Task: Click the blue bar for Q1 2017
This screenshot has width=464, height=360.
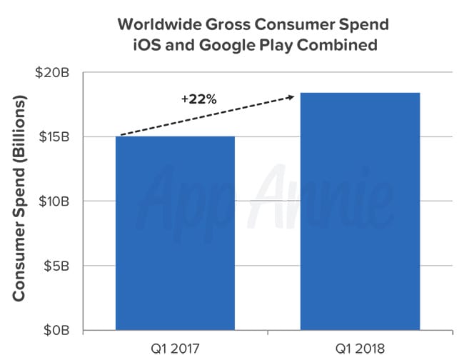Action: click(x=175, y=233)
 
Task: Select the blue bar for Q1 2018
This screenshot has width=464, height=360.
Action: click(x=359, y=211)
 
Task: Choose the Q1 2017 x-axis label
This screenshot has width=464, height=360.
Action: click(x=175, y=349)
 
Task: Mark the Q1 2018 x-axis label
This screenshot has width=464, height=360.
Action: click(x=359, y=349)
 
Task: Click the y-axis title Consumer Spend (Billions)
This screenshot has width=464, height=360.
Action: click(x=19, y=202)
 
